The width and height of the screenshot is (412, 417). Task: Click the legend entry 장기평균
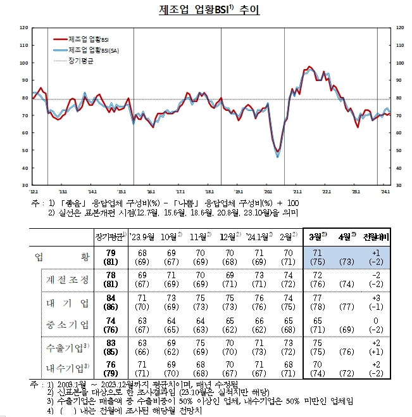tap(81, 61)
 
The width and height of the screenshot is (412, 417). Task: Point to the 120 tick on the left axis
tap(23, 28)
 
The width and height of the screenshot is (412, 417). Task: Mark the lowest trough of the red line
tap(278, 151)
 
